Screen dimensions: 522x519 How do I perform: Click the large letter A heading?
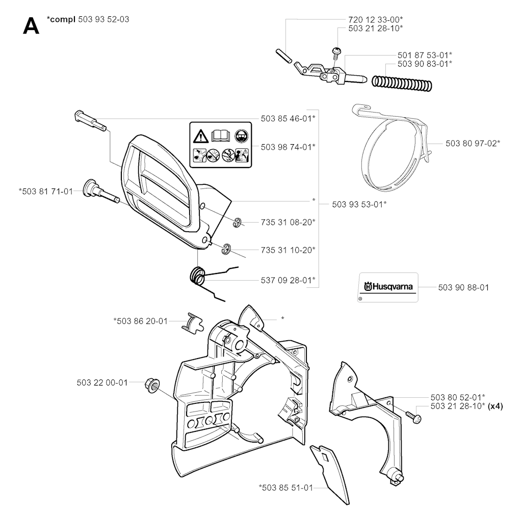[31, 26]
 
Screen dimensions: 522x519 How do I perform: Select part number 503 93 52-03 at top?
[103, 19]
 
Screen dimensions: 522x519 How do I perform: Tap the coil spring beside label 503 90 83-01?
[402, 84]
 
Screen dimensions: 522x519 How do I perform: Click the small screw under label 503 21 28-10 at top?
[336, 53]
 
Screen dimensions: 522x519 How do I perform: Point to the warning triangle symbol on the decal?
[200, 136]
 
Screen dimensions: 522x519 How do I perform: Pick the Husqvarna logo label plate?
[388, 287]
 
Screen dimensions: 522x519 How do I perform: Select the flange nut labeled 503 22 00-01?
[152, 385]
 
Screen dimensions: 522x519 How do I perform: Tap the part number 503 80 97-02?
[473, 144]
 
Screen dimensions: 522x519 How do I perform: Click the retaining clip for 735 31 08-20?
[238, 223]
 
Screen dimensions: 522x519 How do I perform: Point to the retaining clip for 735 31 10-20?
[227, 249]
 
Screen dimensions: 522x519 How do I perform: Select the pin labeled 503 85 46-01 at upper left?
[90, 121]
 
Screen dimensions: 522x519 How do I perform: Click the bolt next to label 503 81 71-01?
[100, 191]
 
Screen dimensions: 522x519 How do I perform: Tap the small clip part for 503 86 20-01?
[192, 322]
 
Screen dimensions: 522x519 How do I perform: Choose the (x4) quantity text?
[495, 406]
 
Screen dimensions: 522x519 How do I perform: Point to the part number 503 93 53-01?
[359, 204]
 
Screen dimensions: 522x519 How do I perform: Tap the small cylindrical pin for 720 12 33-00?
[284, 56]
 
